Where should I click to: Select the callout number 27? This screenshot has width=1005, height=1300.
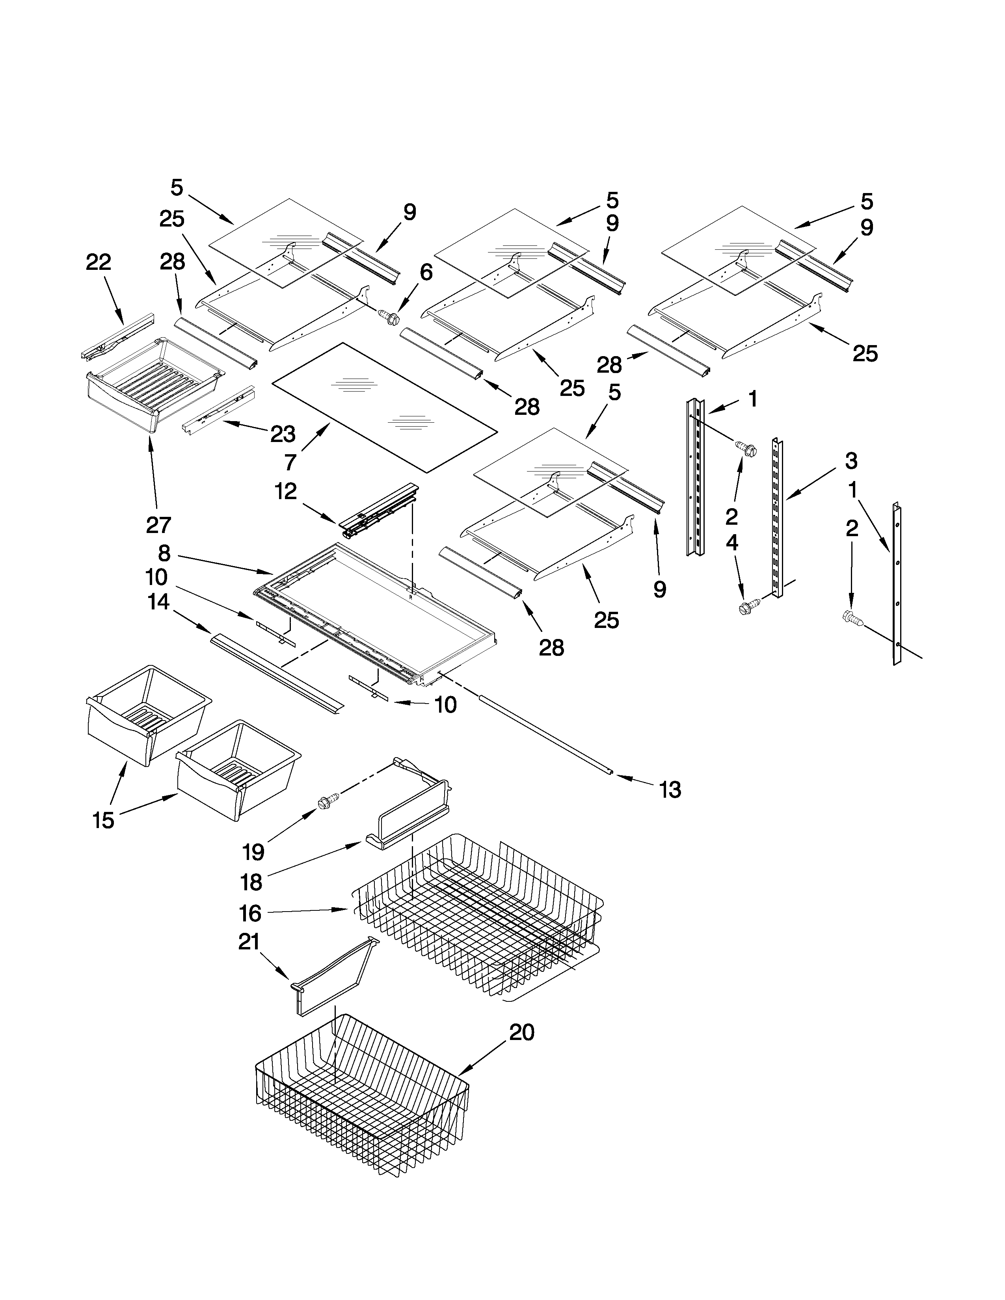tap(158, 525)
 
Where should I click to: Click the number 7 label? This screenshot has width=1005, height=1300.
tap(290, 462)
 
